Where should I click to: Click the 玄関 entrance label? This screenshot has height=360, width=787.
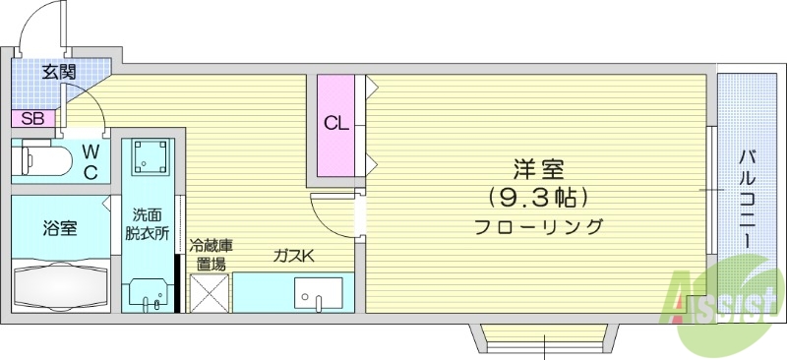point(59,71)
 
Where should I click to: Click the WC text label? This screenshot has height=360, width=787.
point(90,161)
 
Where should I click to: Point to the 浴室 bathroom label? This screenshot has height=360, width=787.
point(59,228)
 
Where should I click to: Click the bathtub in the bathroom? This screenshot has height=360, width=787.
point(59,286)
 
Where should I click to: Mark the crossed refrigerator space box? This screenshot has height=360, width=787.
point(210,292)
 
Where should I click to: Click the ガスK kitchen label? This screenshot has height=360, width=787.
point(293,258)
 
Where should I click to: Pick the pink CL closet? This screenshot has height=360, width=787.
point(335,124)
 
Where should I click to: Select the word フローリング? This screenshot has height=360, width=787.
point(537,227)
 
